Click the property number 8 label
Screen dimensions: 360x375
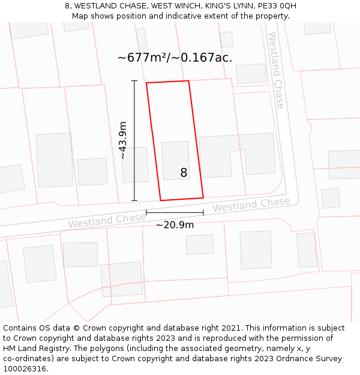184,173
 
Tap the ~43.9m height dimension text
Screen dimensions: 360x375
123,140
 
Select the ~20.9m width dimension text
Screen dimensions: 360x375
175,225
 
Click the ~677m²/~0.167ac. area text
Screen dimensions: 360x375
175,58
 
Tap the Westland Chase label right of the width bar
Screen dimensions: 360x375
251,205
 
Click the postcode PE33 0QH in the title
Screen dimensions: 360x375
277,6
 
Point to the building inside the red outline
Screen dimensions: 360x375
176,160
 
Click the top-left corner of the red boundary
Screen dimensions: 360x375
146,83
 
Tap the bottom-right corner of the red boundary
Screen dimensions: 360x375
203,197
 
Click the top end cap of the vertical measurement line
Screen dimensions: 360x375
134,81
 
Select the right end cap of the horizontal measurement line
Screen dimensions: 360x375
203,212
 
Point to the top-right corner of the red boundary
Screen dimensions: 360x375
188,81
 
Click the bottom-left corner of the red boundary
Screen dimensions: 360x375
161,200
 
